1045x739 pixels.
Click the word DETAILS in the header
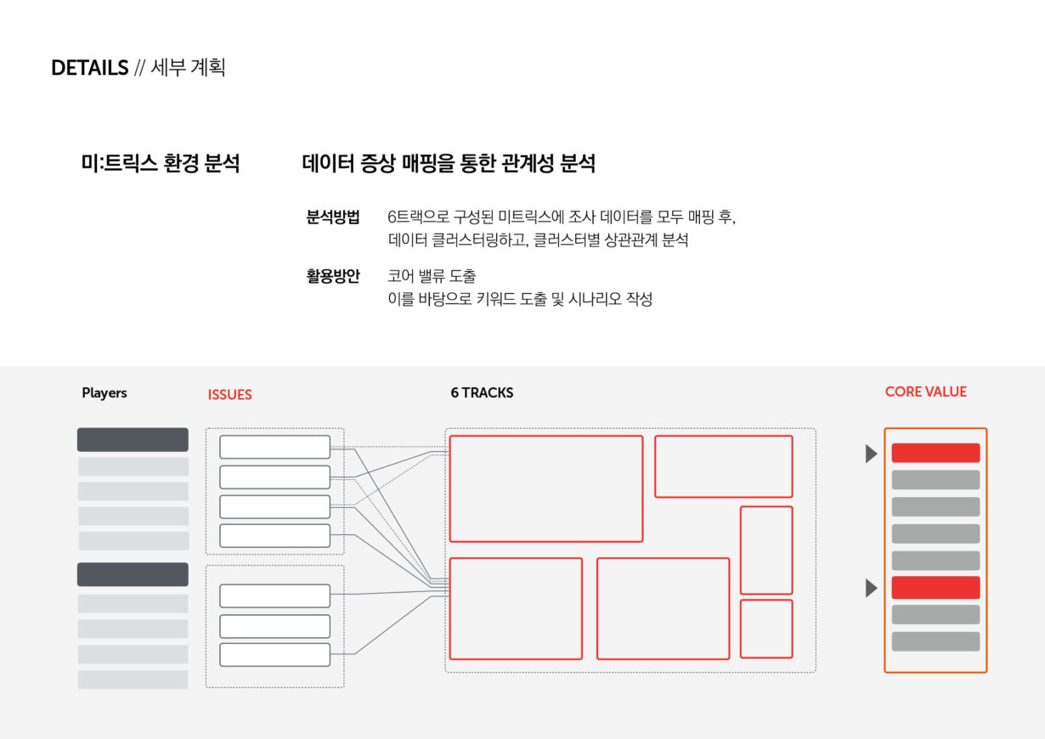click(89, 68)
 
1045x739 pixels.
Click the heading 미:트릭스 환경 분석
click(161, 163)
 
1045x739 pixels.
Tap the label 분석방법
click(333, 217)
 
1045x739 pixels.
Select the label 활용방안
click(333, 276)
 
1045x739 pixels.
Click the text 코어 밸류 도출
click(432, 276)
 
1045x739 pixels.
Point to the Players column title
click(104, 392)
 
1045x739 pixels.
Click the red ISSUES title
click(229, 395)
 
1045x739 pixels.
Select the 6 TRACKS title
click(482, 392)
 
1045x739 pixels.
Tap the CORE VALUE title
click(925, 392)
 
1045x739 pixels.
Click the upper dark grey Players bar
click(133, 439)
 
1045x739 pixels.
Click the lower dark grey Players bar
click(133, 574)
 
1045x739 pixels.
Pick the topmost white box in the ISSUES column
click(274, 447)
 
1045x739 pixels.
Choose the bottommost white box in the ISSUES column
click(274, 655)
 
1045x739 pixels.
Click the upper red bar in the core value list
click(935, 453)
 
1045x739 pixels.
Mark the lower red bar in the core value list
click(935, 587)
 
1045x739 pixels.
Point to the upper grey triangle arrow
click(871, 454)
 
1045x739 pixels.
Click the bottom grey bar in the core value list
click(935, 641)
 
